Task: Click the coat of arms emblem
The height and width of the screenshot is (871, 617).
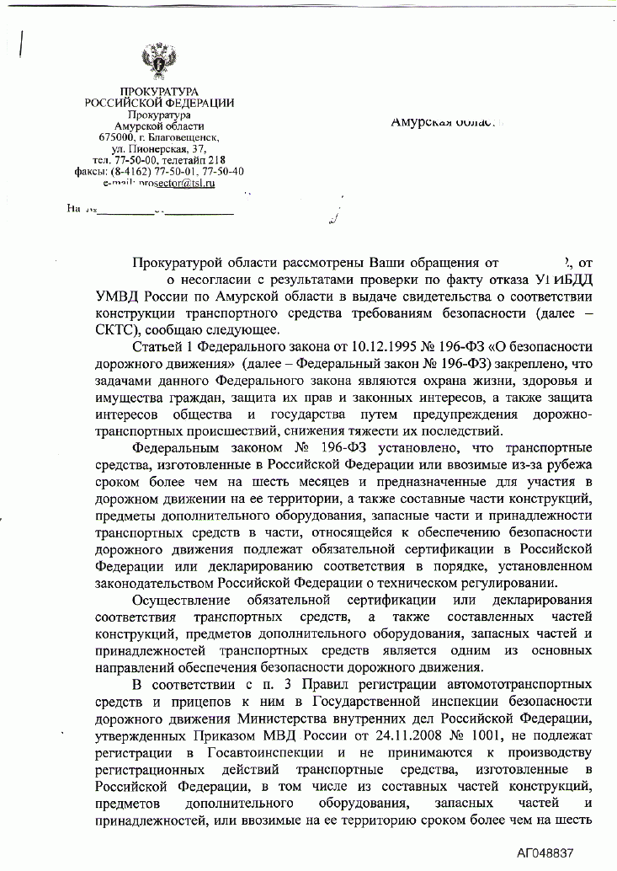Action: pyautogui.click(x=158, y=61)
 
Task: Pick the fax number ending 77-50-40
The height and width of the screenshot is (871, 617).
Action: pyautogui.click(x=223, y=172)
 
